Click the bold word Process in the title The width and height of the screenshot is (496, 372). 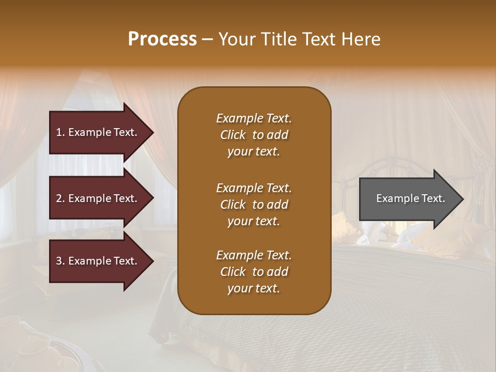[x=162, y=39]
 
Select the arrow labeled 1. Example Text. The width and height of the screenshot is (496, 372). [x=98, y=132]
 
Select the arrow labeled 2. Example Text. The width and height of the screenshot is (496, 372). [x=98, y=198]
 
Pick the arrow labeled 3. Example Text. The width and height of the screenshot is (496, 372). [x=98, y=261]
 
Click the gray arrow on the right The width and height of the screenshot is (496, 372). [x=408, y=198]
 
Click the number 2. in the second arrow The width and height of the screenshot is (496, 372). [x=60, y=198]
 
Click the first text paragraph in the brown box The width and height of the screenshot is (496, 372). [x=254, y=135]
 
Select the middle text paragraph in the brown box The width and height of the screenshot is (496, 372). [x=254, y=204]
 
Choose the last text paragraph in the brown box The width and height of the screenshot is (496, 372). [x=254, y=272]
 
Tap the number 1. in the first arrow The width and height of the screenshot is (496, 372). [x=60, y=132]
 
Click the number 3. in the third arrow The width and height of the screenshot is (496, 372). [x=60, y=261]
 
